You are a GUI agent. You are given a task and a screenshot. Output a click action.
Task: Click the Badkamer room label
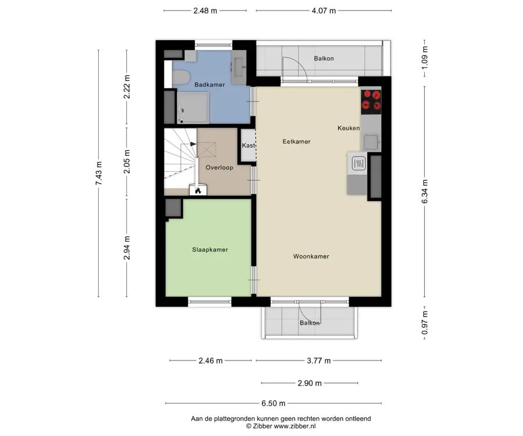pos(209,85)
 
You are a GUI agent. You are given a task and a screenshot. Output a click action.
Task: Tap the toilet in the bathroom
pos(181,77)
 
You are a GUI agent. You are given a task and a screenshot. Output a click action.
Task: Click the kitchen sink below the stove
pos(371,142)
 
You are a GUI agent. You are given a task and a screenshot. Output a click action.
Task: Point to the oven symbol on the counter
pos(358,163)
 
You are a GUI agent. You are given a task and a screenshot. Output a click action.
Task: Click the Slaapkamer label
pos(210,249)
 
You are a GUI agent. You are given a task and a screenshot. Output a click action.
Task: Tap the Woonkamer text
pos(311,256)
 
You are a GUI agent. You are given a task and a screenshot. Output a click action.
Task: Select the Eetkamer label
pos(296,141)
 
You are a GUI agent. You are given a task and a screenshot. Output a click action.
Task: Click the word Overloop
pos(219,167)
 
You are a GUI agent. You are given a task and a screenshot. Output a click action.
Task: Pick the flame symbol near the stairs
pos(198,191)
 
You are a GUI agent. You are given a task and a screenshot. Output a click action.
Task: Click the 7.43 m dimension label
pos(99,173)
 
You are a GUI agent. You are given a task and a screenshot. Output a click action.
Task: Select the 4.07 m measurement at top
pos(324,10)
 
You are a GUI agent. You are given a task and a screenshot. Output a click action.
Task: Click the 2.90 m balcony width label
pos(310,383)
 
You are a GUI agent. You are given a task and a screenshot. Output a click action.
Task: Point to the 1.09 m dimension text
pos(425,58)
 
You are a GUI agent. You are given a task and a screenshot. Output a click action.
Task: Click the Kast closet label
pos(249,145)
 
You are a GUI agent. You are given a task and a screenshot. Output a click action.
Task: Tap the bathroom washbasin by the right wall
pos(239,67)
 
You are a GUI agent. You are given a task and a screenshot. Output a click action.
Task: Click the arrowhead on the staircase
pos(193,144)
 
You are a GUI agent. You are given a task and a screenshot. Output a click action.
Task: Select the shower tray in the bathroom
pos(193,108)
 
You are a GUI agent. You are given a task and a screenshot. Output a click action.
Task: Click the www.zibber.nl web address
pos(295,426)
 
